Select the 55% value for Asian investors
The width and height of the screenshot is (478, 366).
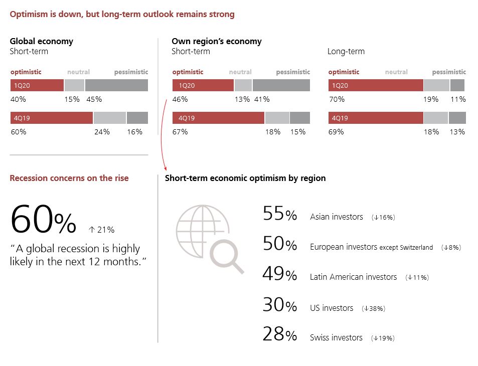(280, 215)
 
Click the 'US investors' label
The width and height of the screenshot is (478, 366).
(332, 308)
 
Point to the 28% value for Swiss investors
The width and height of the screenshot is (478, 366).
(280, 335)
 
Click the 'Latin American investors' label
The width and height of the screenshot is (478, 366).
(353, 277)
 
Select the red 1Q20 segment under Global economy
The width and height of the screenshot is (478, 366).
(37, 85)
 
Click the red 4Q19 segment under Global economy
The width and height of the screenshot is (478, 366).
(52, 118)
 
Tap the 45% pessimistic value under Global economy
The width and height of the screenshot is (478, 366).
(94, 99)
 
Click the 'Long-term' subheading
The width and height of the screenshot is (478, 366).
(346, 52)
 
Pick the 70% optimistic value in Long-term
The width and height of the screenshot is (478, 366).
(336, 99)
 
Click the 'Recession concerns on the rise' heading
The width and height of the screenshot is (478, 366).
(69, 178)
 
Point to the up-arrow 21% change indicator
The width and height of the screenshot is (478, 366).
(101, 230)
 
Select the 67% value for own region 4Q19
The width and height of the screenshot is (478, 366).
(180, 132)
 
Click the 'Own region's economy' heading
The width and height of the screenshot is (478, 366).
(216, 41)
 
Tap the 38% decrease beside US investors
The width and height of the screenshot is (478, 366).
(373, 309)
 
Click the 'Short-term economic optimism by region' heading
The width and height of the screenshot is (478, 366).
(245, 178)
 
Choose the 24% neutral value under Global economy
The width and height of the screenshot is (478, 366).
(102, 132)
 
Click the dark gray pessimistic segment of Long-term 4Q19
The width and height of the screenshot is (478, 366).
(457, 118)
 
